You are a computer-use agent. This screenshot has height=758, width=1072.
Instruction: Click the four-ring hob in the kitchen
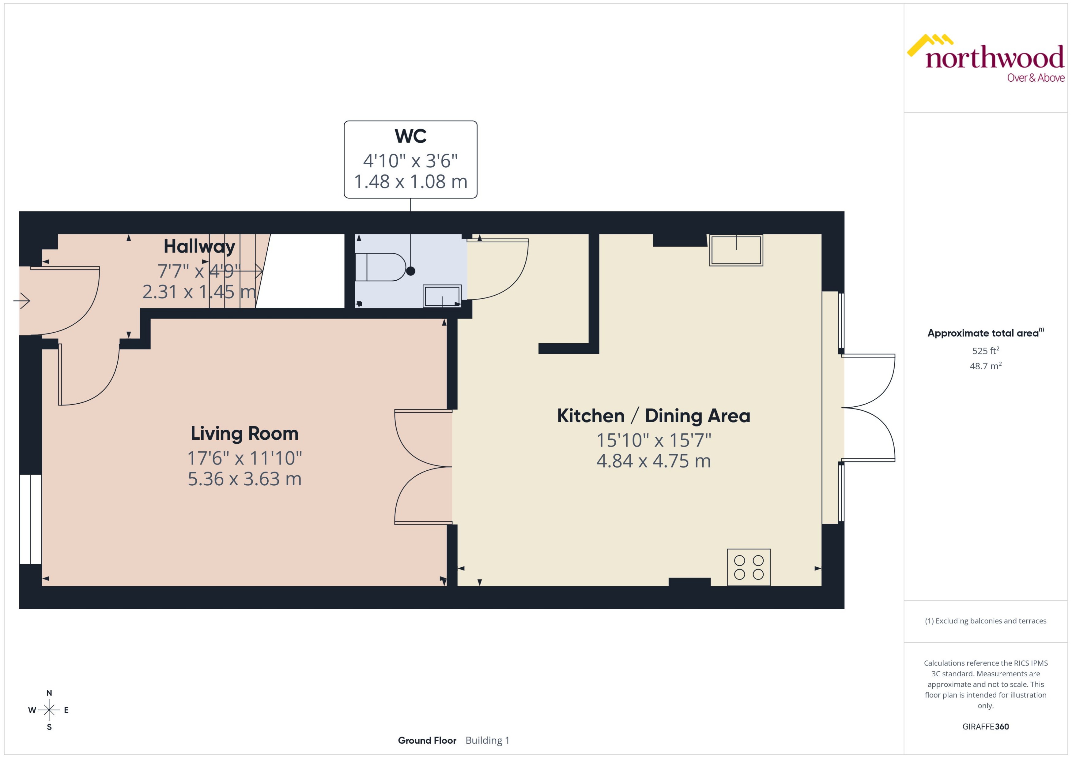tap(748, 567)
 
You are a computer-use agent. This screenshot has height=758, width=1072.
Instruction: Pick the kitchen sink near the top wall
tap(736, 251)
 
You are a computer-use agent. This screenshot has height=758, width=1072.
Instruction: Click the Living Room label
tap(244, 433)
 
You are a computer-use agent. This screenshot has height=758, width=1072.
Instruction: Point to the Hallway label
tap(199, 246)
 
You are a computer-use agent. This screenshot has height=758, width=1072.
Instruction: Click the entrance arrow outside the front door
tap(21, 301)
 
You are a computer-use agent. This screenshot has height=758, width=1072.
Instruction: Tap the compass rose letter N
tap(49, 693)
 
